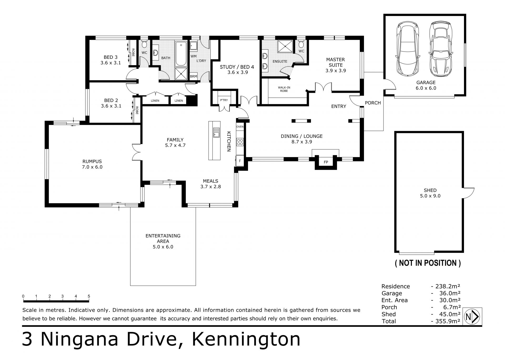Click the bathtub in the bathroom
pyautogui.click(x=181, y=53)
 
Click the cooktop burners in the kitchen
pyautogui.click(x=240, y=142)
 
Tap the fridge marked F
pyautogui.click(x=240, y=161)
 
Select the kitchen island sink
pyautogui.click(x=216, y=132)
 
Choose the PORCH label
pyautogui.click(x=373, y=103)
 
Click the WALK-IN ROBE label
pyautogui.click(x=284, y=89)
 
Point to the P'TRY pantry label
pyautogui.click(x=224, y=100)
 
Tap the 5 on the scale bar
pyautogui.click(x=89, y=296)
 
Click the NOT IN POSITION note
pyautogui.click(x=428, y=263)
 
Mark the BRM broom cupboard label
pyautogui.click(x=193, y=76)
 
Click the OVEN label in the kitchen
pyautogui.click(x=240, y=127)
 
